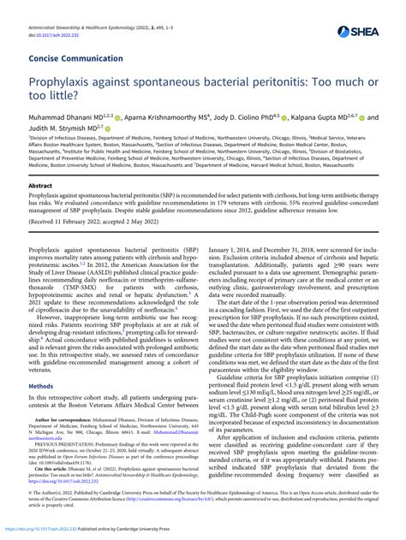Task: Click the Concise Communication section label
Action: coord(75,59)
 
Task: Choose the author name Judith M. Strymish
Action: coord(63,133)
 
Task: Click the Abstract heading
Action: coord(40,185)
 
